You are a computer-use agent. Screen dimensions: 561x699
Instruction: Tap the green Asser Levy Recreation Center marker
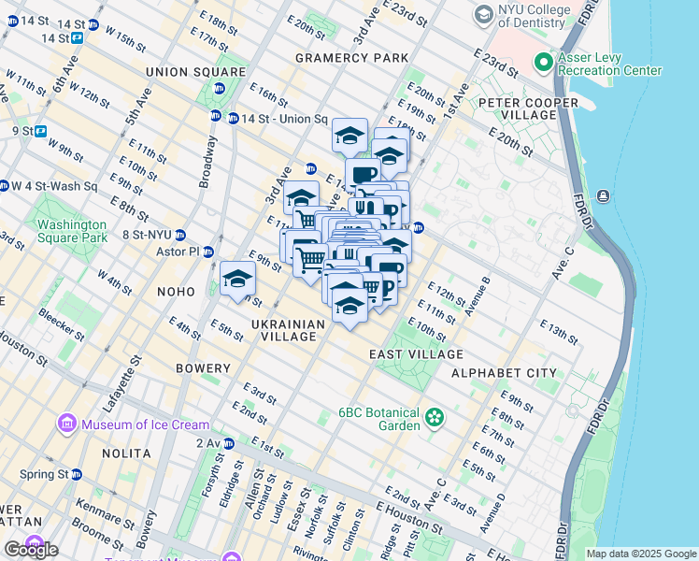pos(543,64)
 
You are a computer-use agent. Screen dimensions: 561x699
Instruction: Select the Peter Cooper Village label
pos(530,108)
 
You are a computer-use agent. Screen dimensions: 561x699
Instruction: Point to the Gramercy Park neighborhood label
pos(351,58)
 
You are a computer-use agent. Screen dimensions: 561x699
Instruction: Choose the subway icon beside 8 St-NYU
pos(180,236)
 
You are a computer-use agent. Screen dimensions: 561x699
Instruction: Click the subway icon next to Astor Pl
pos(207,252)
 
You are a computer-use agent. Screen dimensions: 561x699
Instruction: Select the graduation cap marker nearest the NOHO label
pos(237,280)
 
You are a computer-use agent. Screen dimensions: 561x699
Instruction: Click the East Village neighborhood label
pos(416,354)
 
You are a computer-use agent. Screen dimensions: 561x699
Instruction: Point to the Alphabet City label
pos(504,373)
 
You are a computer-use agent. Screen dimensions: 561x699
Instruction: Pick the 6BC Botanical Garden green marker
pos(434,417)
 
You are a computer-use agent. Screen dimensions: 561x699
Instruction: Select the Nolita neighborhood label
pos(127,453)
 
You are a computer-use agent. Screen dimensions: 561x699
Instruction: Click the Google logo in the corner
pos(31,550)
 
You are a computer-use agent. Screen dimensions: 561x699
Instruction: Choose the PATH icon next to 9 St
pos(40,131)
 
